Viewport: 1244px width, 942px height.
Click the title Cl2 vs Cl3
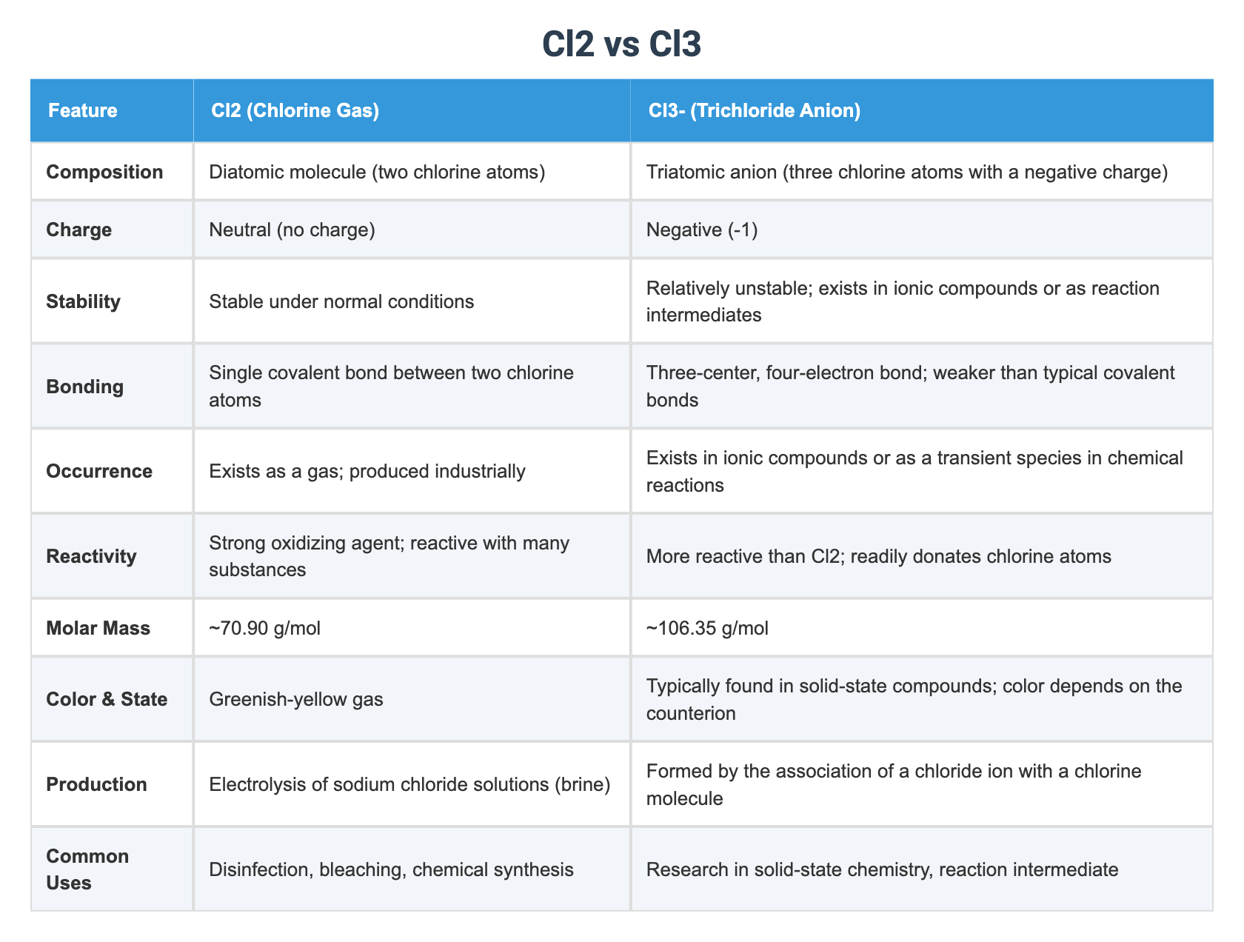pos(621,45)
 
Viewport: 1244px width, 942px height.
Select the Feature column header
pos(83,111)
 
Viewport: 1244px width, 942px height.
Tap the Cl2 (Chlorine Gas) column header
pos(295,111)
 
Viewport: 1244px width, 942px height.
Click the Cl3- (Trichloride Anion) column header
pos(753,111)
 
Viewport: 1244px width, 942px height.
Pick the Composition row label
pos(104,172)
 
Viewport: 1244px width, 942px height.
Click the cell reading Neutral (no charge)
pos(292,230)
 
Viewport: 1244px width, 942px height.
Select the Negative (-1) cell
pos(702,230)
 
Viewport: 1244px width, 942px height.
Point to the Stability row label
pos(83,301)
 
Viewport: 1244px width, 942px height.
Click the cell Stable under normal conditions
pos(341,301)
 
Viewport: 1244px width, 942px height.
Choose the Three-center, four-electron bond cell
pos(910,386)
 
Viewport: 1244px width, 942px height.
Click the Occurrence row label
pos(99,471)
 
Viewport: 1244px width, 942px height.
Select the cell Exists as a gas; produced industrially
pos(367,471)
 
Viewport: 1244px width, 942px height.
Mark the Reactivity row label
pos(91,556)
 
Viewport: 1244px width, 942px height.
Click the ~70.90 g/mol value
pos(264,628)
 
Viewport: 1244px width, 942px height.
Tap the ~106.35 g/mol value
pos(707,628)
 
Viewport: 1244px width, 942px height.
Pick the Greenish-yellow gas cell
pos(296,699)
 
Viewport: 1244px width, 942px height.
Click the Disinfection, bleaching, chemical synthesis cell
pos(391,869)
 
